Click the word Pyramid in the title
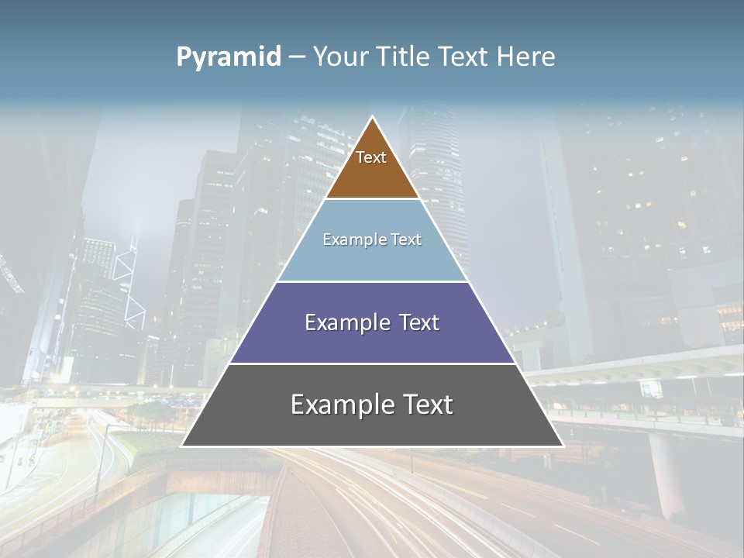click(229, 57)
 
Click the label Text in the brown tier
click(371, 157)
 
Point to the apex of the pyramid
click(373, 118)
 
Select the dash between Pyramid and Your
click(297, 57)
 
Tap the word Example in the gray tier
click(343, 405)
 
